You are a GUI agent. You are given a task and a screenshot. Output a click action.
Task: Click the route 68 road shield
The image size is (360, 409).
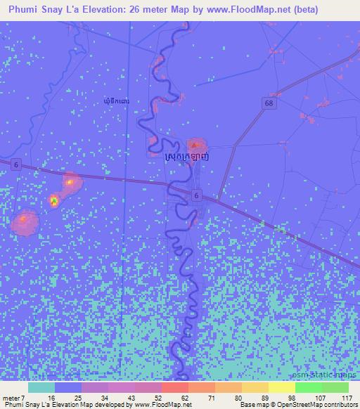point(269,103)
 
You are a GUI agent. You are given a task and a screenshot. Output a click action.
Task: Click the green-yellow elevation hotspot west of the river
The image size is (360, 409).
point(53,202)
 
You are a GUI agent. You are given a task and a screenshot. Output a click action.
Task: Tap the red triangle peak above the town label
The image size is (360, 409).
point(194,145)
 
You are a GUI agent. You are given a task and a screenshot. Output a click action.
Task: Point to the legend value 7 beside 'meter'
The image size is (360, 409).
point(22,398)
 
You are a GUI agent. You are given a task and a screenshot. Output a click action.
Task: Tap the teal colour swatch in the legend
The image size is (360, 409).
point(41,387)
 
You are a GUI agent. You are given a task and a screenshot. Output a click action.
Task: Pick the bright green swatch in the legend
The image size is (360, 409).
point(309,387)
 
